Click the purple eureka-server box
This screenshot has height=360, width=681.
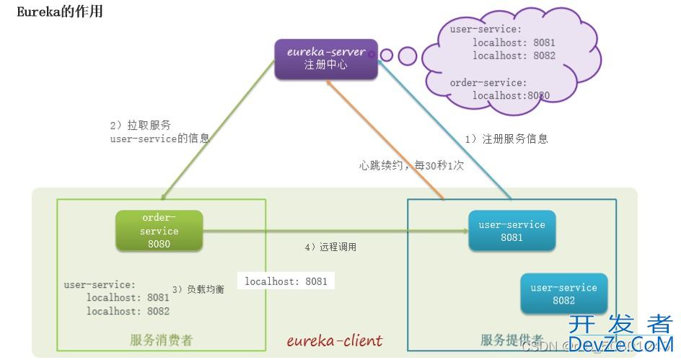click(326, 58)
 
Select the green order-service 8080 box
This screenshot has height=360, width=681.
click(159, 231)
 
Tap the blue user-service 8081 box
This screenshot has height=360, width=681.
click(511, 231)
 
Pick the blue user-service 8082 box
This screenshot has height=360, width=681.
click(563, 294)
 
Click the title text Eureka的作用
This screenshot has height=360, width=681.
click(60, 12)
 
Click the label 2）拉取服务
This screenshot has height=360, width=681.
click(141, 125)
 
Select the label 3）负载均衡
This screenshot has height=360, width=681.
click(198, 289)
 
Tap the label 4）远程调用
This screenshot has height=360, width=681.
click(330, 247)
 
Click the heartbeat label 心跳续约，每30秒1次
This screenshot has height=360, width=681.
click(411, 164)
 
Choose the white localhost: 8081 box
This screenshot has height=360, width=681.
click(286, 281)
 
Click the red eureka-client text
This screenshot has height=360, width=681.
click(335, 341)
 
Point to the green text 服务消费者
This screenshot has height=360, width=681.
click(162, 341)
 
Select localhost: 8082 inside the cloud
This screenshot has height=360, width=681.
click(514, 56)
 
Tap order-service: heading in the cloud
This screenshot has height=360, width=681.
click(488, 83)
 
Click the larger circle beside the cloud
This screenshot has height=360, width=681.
click(408, 56)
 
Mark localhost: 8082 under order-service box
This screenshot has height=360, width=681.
click(128, 311)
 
